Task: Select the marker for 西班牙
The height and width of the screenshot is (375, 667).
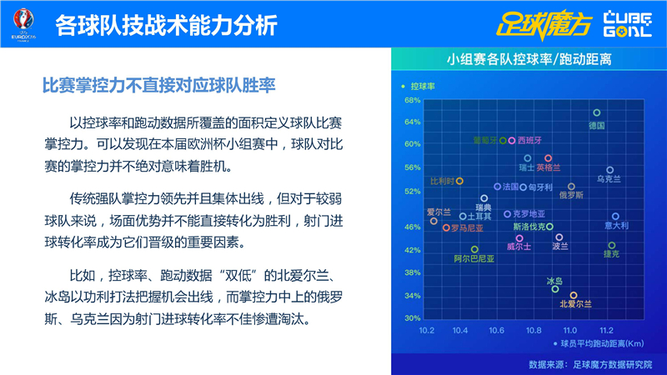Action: (512, 140)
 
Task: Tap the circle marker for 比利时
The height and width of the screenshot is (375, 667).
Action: (459, 181)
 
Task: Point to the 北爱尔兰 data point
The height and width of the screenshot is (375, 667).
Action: (574, 295)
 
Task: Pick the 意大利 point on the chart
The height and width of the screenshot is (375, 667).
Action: (615, 216)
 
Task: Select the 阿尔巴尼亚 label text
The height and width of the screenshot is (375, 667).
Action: (474, 259)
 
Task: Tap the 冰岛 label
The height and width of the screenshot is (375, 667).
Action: (554, 281)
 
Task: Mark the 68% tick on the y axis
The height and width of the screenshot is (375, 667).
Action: (412, 100)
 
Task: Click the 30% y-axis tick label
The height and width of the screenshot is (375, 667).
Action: (412, 317)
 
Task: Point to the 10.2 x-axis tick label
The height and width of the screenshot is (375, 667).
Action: (428, 330)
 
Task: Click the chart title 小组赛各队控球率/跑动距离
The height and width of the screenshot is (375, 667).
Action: (529, 60)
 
